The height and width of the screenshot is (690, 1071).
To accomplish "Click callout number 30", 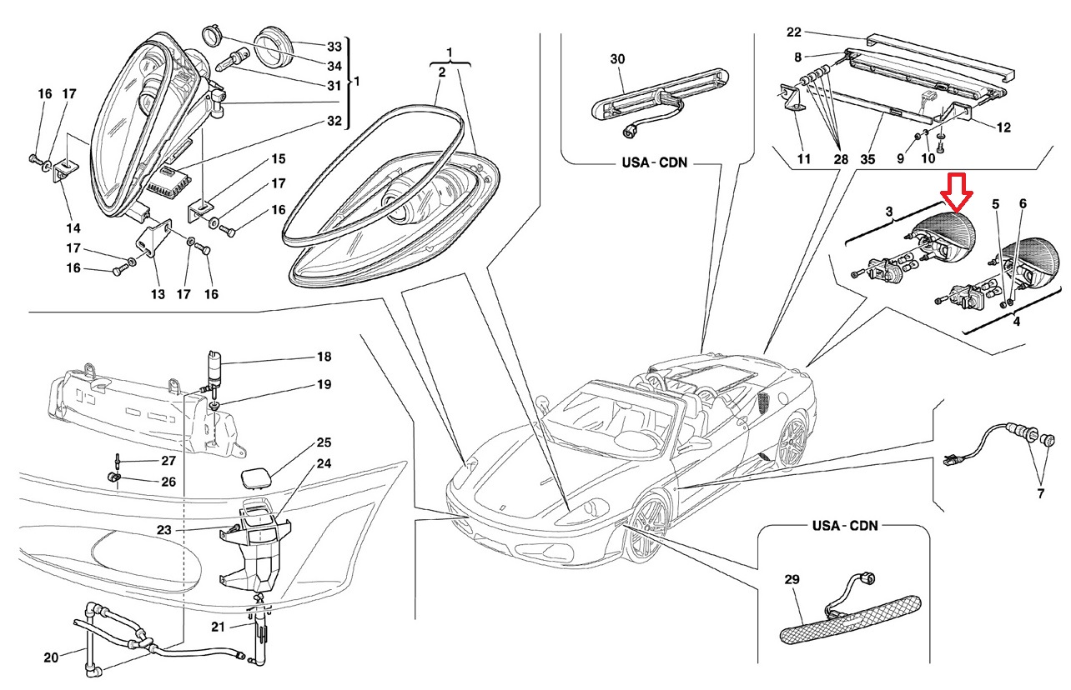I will pyautogui.click(x=617, y=59).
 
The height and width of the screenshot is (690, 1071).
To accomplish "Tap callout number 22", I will pyautogui.click(x=793, y=32).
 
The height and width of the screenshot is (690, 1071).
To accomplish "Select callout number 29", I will pyautogui.click(x=792, y=578).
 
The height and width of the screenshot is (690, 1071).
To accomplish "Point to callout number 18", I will pyautogui.click(x=324, y=357).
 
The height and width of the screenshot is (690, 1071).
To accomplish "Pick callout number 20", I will pyautogui.click(x=51, y=658).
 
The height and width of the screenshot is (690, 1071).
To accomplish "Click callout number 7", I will pyautogui.click(x=1040, y=494).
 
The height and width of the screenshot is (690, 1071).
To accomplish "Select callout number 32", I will pyautogui.click(x=334, y=122).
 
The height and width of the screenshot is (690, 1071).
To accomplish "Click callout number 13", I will pyautogui.click(x=158, y=294).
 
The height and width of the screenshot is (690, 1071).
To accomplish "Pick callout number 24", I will pyautogui.click(x=324, y=463).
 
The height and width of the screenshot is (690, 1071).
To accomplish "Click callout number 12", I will pyautogui.click(x=1003, y=127).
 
